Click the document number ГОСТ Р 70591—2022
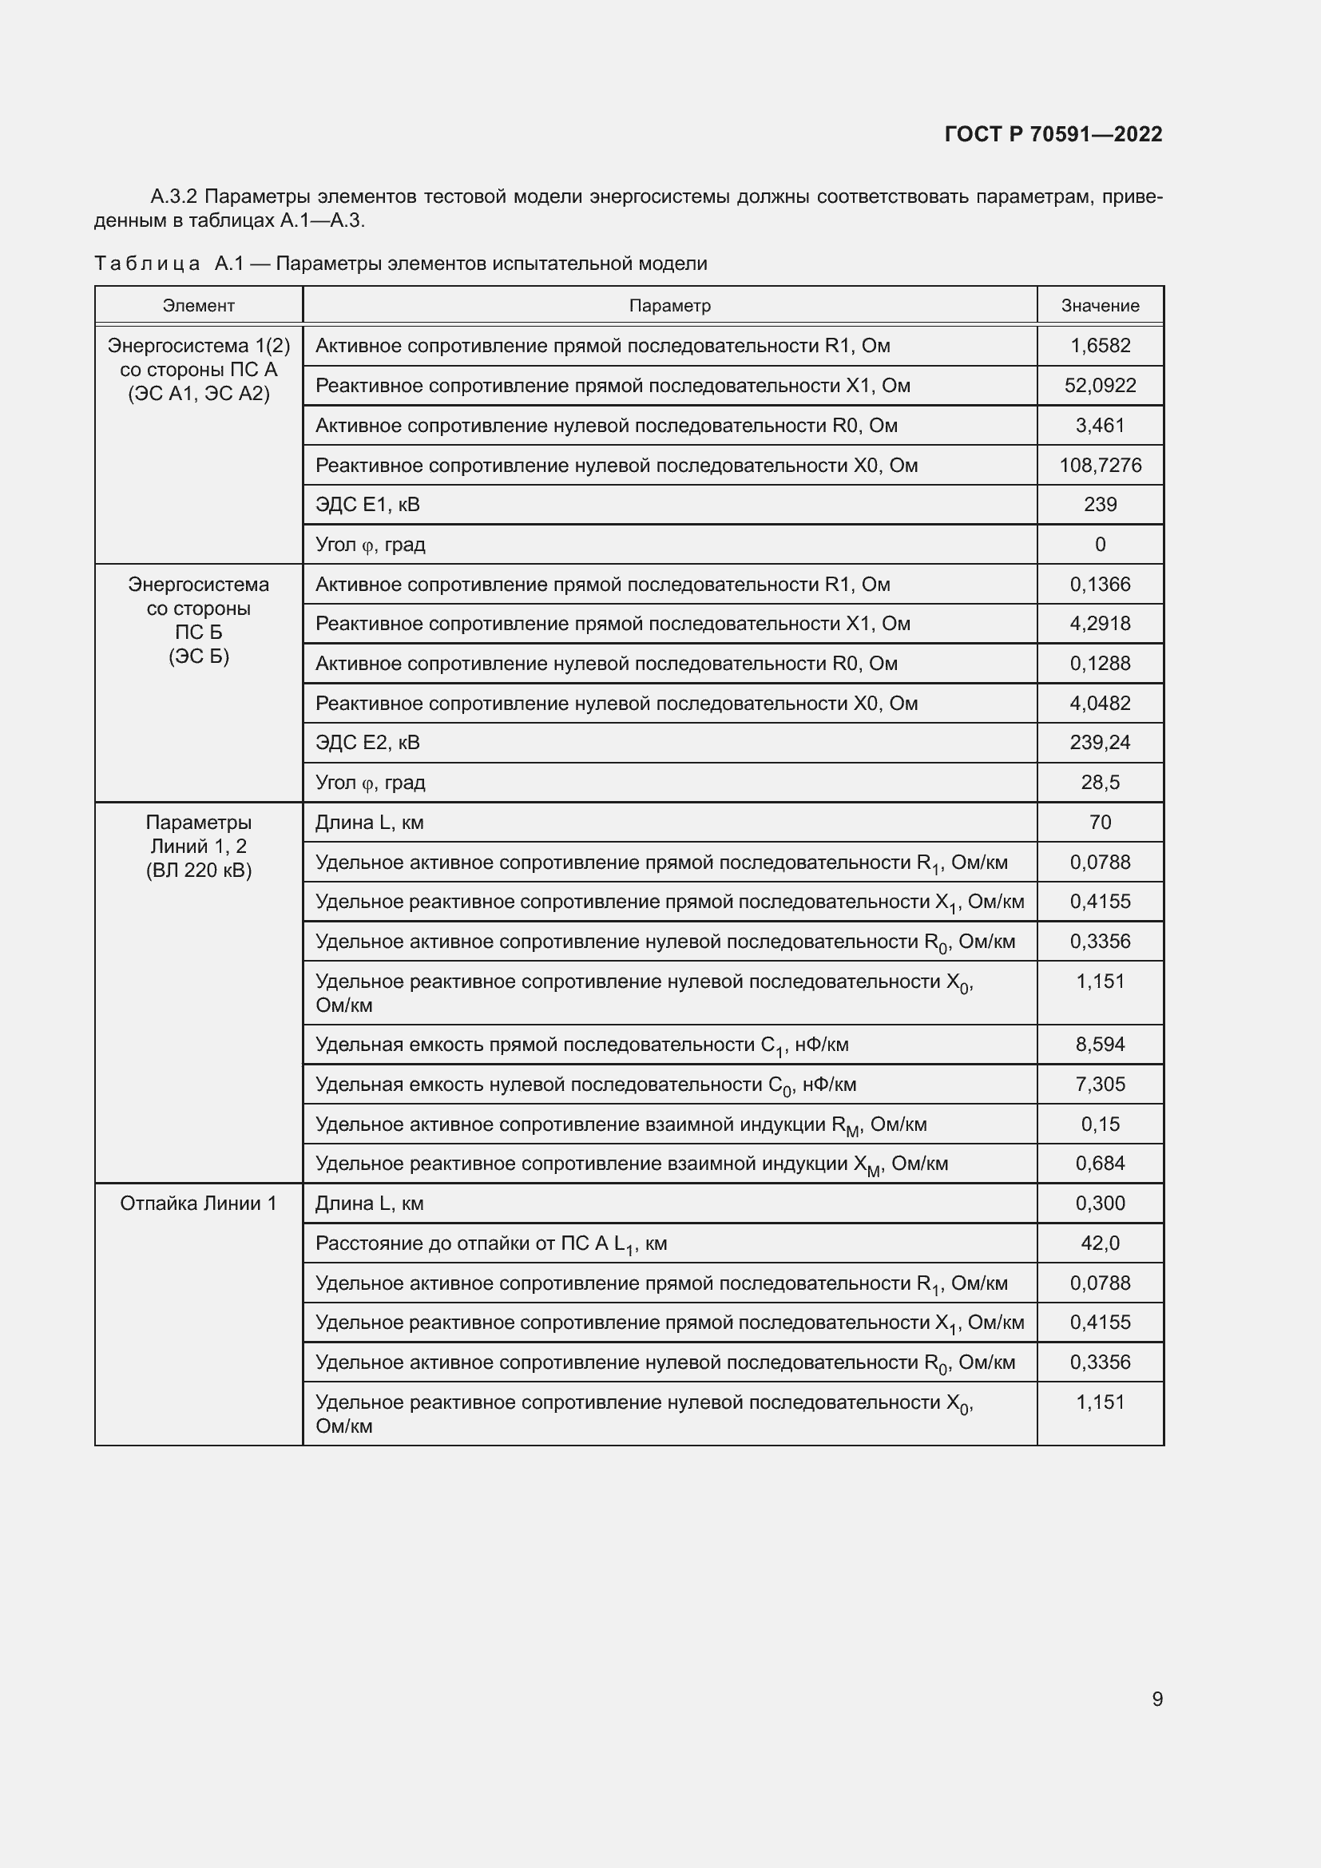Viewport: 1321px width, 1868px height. [1053, 134]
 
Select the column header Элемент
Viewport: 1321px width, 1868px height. [199, 306]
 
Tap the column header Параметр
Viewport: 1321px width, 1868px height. [669, 306]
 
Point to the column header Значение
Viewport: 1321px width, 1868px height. [1100, 306]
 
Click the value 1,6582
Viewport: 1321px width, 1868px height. [1100, 346]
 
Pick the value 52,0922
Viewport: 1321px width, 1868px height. [1100, 386]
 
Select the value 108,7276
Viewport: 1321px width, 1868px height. [1100, 466]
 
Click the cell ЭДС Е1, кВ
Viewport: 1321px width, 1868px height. [367, 505]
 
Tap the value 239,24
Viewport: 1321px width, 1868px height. [1100, 742]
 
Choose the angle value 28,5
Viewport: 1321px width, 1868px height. [1100, 782]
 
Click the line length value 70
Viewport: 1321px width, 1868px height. [1100, 822]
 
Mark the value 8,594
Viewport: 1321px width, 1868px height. [1100, 1044]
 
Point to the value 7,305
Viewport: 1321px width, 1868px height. [1100, 1084]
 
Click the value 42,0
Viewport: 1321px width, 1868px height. [1100, 1243]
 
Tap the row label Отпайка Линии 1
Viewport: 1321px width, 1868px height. [199, 1204]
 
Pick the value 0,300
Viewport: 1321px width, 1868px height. [1100, 1204]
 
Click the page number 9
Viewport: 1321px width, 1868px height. [1156, 1699]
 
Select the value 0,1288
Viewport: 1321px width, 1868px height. [1100, 663]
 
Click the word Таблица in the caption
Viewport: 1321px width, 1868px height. [147, 264]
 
